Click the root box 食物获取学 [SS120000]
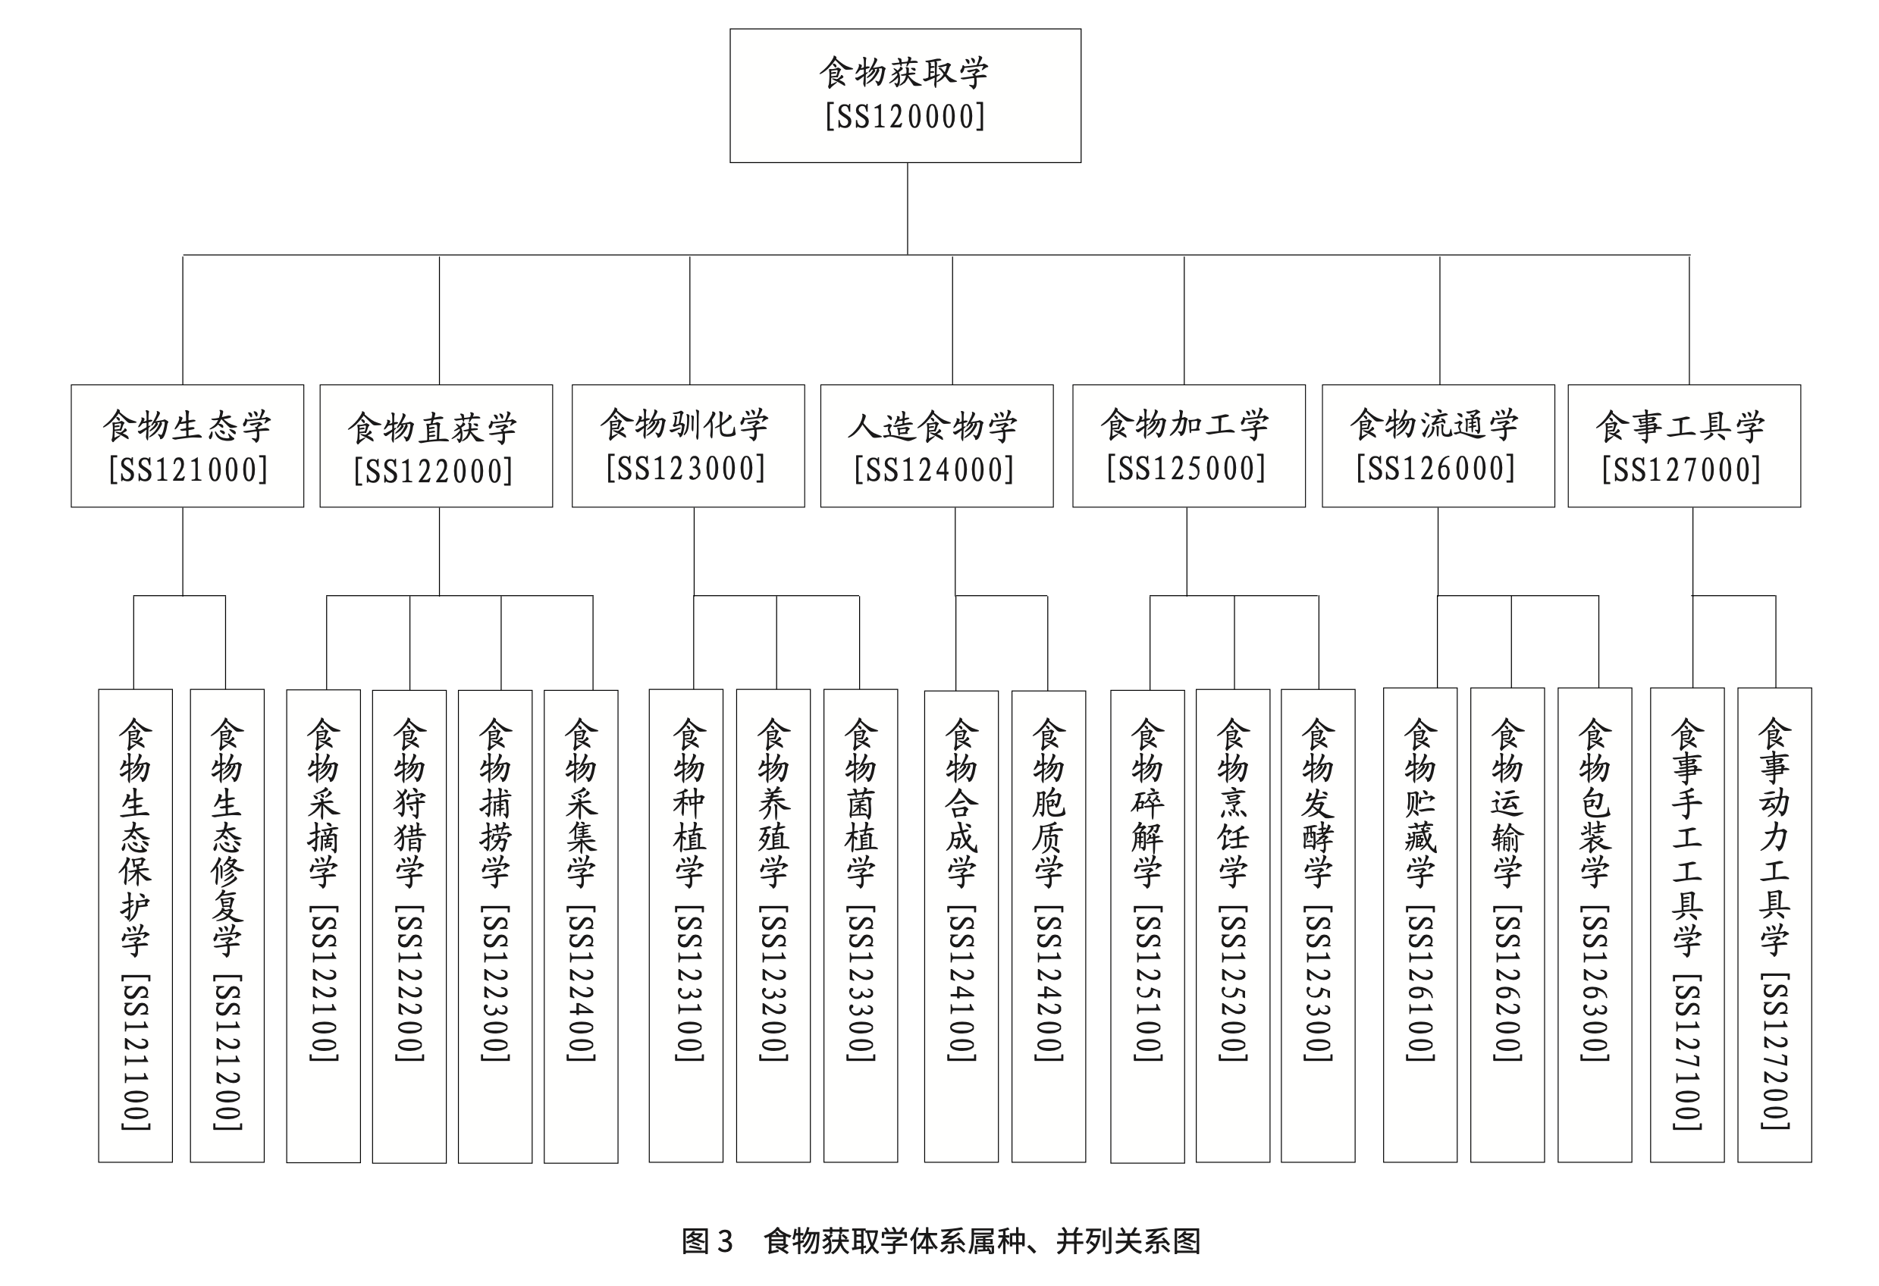click(905, 96)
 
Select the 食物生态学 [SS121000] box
click(187, 445)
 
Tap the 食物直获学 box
click(437, 445)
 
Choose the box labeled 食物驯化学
click(688, 445)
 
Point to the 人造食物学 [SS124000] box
click(937, 445)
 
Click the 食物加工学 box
click(1188, 445)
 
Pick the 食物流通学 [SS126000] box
click(1438, 445)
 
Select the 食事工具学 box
click(1684, 445)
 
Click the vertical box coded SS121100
click(136, 926)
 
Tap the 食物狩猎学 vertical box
click(409, 927)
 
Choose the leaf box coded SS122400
click(582, 927)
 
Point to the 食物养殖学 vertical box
click(773, 926)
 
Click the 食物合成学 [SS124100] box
click(961, 927)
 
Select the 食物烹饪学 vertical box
click(1233, 926)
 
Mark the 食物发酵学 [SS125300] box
click(1318, 926)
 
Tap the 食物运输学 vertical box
click(1507, 924)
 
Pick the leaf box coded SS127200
click(1774, 924)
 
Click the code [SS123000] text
click(685, 469)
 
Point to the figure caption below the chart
click(940, 1241)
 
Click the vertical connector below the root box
click(907, 209)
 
